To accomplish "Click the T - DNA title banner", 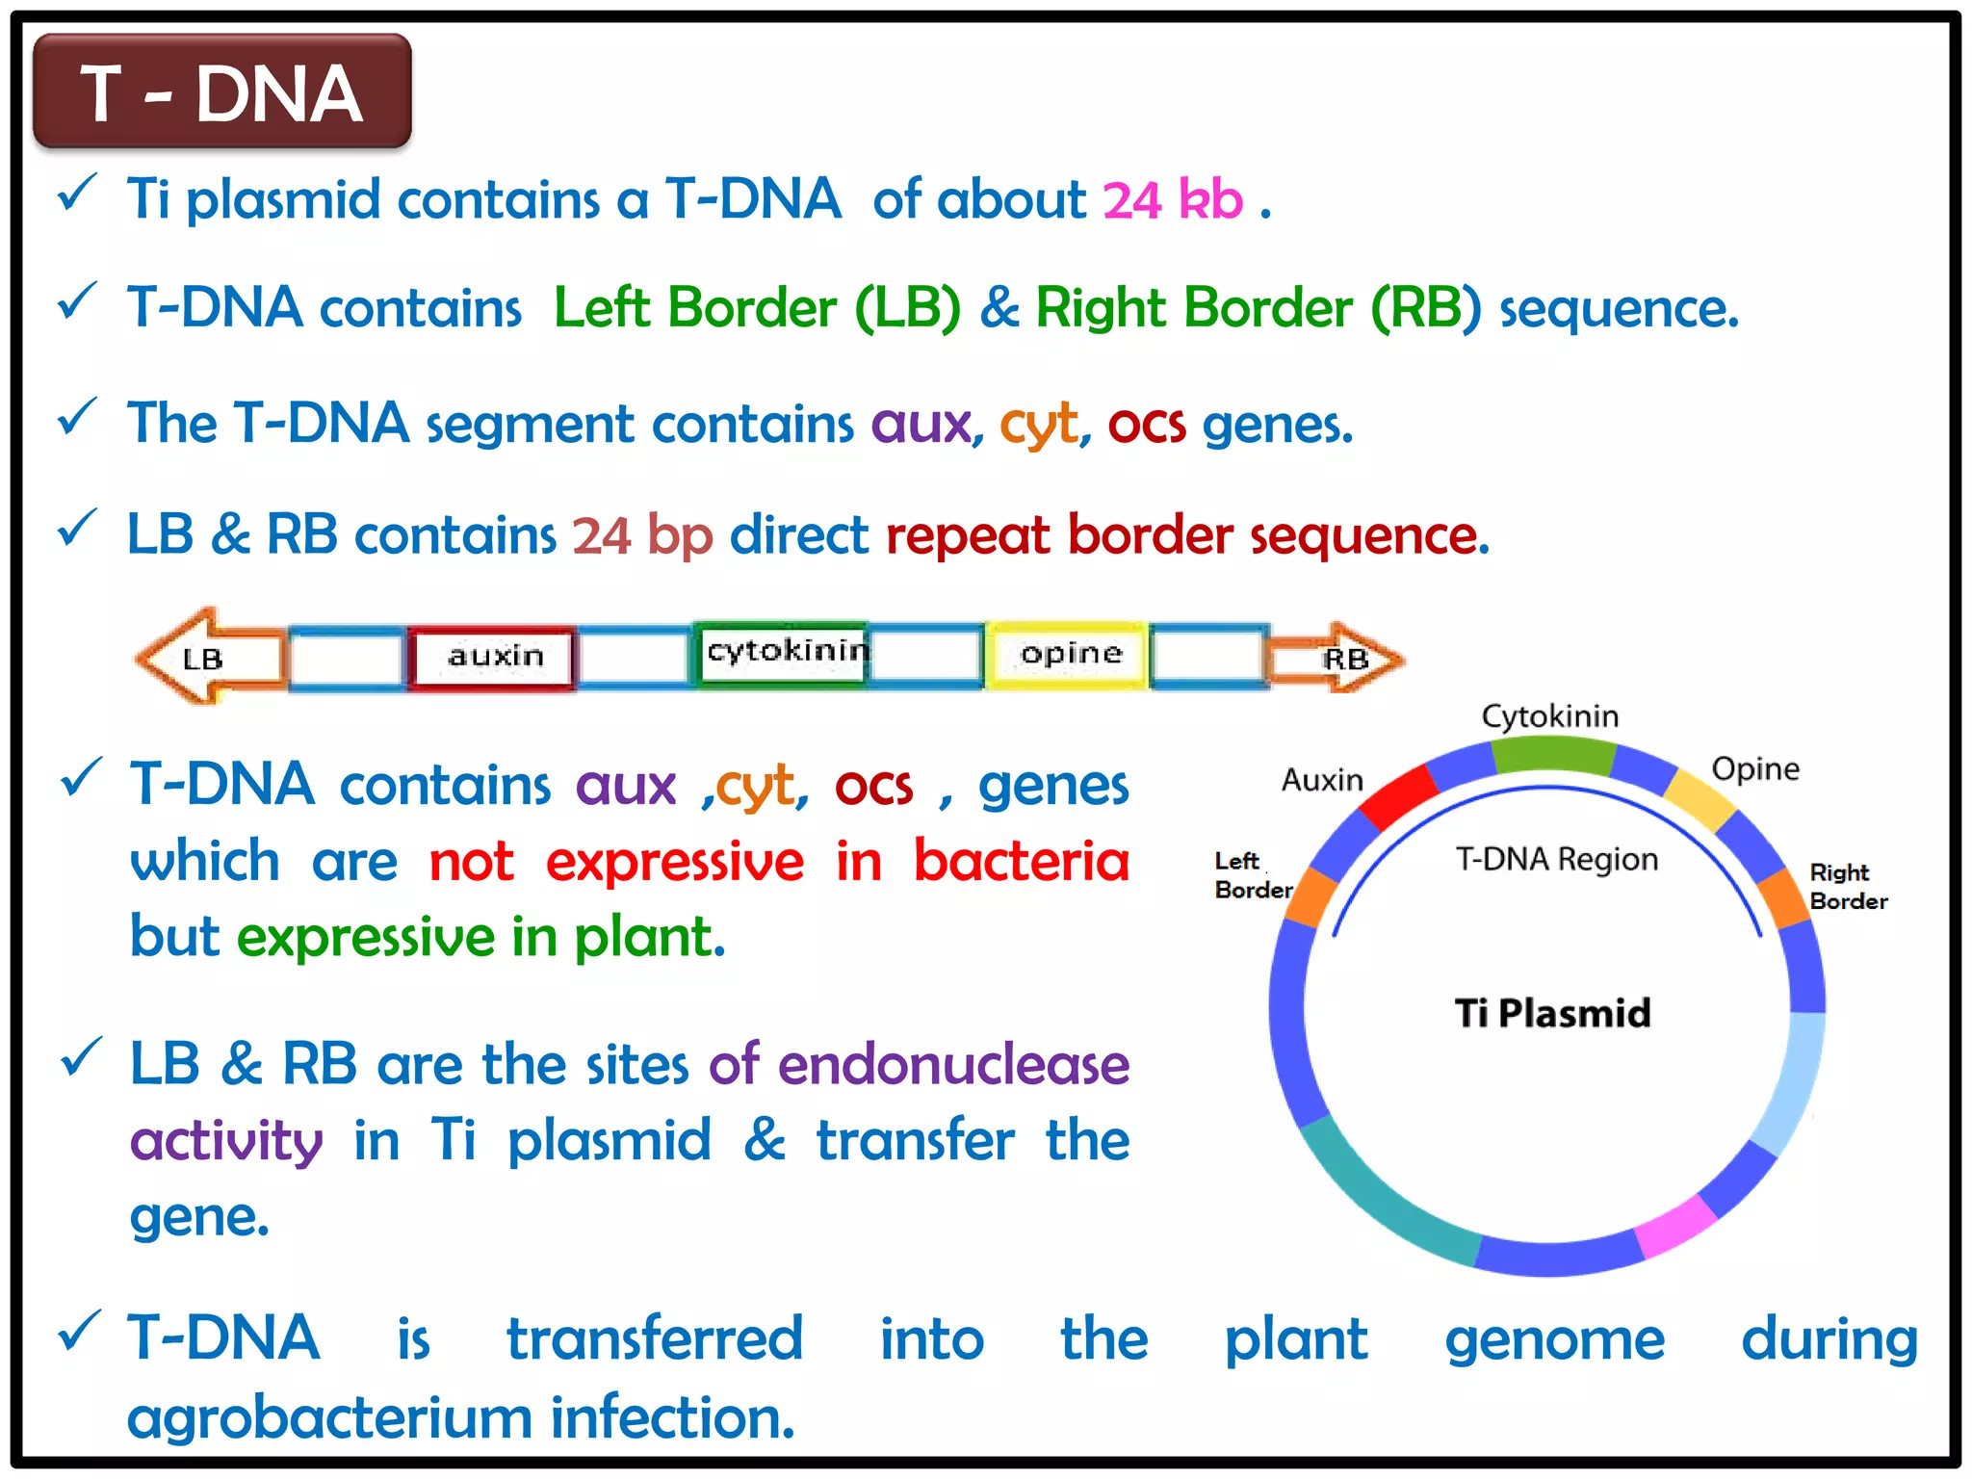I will [221, 92].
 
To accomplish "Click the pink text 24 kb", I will [1172, 200].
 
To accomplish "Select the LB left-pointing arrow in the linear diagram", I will [207, 659].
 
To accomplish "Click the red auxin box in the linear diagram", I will [494, 658].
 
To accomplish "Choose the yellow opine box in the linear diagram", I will [1070, 655].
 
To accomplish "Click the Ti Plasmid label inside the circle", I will [1552, 1014].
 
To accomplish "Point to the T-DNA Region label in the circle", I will [1556, 859].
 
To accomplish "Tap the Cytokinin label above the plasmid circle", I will [1549, 716].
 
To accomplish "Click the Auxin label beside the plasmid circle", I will [1322, 780].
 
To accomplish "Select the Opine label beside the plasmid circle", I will [1754, 769].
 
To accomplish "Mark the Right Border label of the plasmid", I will [1847, 887].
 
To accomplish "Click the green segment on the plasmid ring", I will [1552, 755].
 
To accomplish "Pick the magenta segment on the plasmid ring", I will [1675, 1227].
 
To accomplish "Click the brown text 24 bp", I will [642, 535].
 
